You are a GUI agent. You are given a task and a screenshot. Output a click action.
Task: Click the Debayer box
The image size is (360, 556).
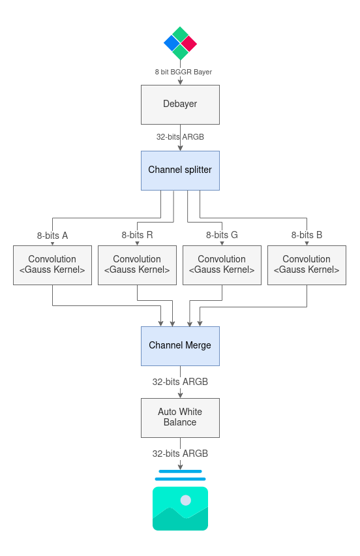(180, 104)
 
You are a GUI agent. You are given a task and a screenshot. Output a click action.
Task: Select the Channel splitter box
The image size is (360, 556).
(180, 170)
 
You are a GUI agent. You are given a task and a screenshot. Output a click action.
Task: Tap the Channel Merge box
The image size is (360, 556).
(180, 346)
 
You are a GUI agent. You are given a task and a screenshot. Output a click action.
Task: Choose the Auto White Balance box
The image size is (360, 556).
(180, 418)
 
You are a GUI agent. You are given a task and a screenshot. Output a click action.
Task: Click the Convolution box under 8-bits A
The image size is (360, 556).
(52, 265)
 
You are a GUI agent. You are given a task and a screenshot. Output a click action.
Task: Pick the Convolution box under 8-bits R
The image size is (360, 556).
(137, 265)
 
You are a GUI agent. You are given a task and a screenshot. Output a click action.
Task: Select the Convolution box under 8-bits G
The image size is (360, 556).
(222, 265)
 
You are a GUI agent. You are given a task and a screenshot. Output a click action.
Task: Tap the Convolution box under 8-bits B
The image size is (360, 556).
(307, 265)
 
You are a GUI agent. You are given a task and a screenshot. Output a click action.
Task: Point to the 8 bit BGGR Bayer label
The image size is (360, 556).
(183, 72)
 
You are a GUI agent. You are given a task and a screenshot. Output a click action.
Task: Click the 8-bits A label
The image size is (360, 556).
(52, 236)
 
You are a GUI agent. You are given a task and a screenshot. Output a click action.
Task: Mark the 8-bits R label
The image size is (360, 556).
(137, 235)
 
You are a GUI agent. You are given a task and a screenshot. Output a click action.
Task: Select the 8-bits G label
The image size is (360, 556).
(222, 235)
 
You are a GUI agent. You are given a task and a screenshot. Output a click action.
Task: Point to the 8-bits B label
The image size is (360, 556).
(307, 235)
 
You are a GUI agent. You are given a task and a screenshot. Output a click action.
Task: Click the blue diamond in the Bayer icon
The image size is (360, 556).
(172, 43)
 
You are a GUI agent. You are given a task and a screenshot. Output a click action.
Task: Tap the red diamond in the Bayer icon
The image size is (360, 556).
(188, 43)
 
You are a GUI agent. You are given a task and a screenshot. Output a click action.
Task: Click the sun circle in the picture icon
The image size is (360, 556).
(186, 501)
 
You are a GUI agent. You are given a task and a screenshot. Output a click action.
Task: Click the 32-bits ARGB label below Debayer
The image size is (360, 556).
(180, 137)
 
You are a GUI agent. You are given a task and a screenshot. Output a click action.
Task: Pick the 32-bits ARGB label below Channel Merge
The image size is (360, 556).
(180, 382)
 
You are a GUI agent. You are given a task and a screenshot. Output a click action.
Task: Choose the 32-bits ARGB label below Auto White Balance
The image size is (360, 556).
(180, 454)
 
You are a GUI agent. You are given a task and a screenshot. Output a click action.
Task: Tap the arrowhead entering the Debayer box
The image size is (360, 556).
(180, 82)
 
